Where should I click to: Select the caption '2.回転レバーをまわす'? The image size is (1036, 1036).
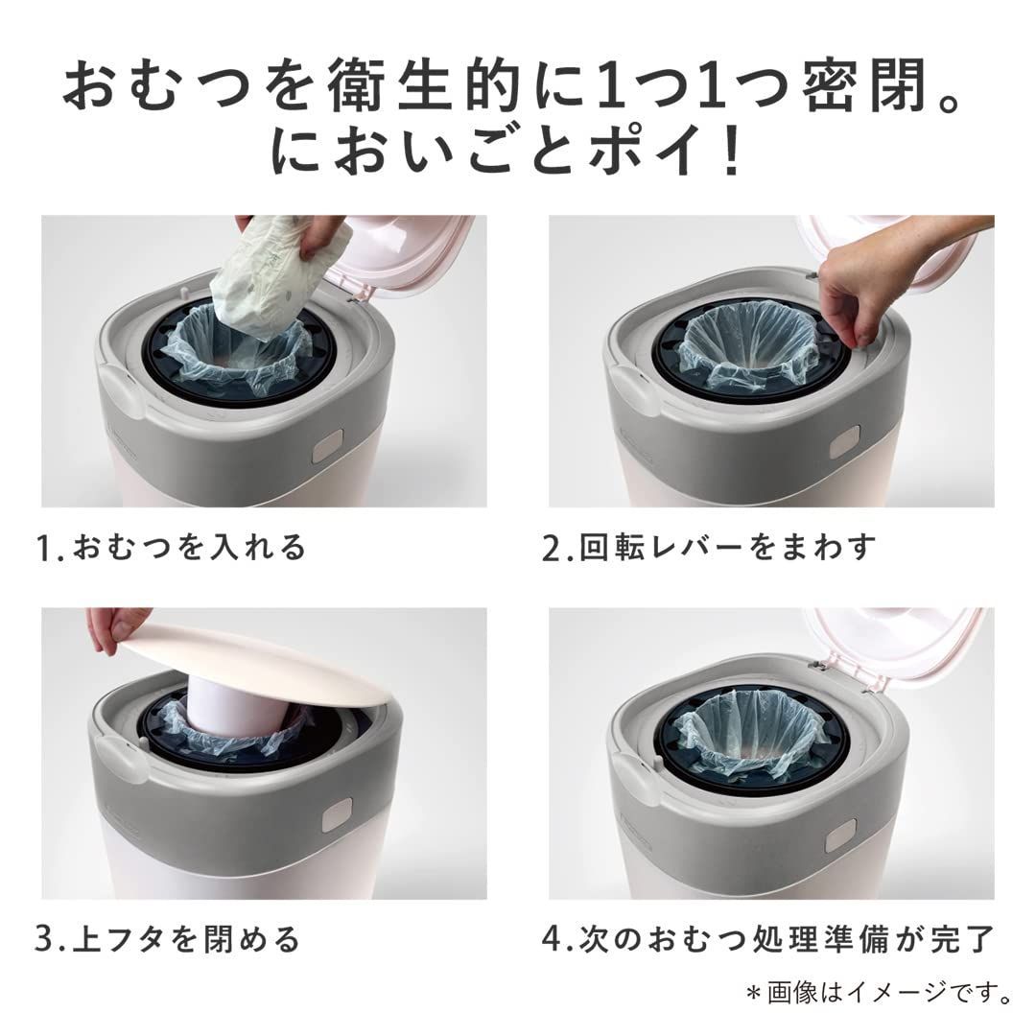tap(709, 548)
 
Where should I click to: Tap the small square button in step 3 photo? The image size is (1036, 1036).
tap(336, 814)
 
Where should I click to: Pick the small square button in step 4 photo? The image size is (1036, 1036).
tap(840, 836)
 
